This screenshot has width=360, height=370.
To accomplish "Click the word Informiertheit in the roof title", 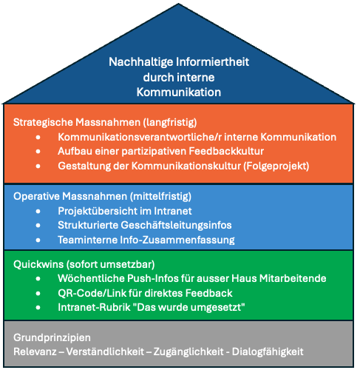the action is pos(213,61).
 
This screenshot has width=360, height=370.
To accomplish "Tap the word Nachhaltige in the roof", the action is pos(141,62).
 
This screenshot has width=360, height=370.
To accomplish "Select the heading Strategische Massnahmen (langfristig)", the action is pos(105,122).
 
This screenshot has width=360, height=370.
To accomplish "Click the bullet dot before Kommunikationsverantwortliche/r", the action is pos(38,137).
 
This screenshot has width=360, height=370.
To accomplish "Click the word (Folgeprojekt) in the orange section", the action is pos(276,166).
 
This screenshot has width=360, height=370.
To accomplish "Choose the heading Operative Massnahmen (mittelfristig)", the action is pos(102,196).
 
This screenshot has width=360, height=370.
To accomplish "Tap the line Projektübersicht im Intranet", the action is pos(125,211).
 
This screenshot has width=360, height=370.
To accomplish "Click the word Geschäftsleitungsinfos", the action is pos(176,225).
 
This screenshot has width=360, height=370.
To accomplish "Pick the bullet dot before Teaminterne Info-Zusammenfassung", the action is pos(38,240).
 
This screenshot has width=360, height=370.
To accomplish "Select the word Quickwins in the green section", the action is pos(38,264).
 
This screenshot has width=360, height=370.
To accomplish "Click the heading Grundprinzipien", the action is pos(52,337).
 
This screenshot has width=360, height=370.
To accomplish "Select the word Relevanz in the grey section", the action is pos(35,351).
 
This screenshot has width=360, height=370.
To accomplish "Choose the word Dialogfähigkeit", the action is pos(268,352).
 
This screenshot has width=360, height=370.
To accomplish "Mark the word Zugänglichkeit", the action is pos(189,352).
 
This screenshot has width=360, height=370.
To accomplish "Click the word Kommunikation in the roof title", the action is pos(179,92).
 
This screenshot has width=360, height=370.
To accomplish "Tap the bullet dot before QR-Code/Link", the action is pos(38,294).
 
